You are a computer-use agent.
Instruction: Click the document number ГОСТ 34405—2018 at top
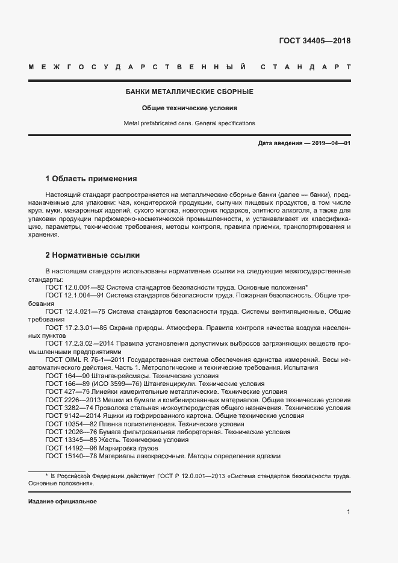pos(314,41)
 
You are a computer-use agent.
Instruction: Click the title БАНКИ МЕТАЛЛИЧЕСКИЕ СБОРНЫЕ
pos(189,92)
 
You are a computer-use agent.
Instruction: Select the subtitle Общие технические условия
pos(189,108)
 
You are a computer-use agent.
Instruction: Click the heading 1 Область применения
pos(92,179)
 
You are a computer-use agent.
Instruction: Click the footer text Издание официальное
pos(63,502)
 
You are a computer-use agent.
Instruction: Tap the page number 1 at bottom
pos(349,512)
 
